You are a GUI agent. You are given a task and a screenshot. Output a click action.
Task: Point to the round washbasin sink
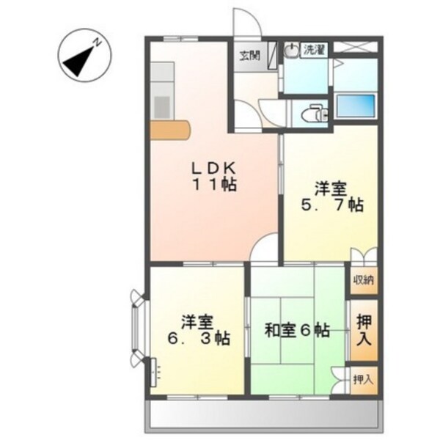(x=292, y=50)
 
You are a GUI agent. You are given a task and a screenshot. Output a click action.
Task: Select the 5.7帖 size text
(x=331, y=205)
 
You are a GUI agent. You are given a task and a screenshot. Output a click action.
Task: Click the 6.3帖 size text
(x=198, y=339)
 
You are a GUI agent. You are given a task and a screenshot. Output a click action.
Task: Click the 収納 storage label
(x=363, y=279)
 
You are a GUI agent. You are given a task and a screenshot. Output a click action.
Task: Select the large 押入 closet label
(x=363, y=331)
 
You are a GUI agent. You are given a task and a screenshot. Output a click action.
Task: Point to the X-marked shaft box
(x=362, y=48)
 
